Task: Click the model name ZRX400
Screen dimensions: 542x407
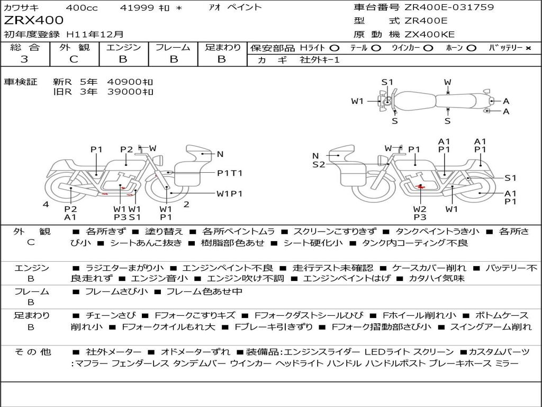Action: (34, 21)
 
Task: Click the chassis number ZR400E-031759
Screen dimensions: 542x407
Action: (449, 7)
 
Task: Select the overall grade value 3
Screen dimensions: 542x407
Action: (24, 59)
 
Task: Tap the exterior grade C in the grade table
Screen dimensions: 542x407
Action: (74, 59)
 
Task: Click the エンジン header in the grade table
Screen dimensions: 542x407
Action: (123, 47)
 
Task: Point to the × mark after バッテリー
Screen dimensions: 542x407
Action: (528, 48)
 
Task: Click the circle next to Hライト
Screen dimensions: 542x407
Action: (335, 48)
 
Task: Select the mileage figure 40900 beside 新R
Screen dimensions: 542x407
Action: (130, 82)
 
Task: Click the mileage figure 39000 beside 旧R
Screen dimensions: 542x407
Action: (130, 92)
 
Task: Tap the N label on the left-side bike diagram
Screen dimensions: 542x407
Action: (220, 154)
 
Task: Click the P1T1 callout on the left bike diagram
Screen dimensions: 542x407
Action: (230, 173)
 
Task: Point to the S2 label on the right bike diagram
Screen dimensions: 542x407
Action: (319, 164)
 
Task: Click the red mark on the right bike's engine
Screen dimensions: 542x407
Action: (421, 187)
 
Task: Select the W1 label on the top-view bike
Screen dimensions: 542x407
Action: (357, 101)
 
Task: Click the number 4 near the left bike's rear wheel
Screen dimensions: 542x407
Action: (46, 204)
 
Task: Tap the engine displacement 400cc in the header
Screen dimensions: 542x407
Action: (82, 7)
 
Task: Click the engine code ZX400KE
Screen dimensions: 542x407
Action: (429, 34)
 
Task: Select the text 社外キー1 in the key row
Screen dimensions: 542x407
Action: (320, 60)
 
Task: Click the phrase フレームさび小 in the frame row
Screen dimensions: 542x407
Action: (116, 291)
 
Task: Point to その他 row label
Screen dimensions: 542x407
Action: (33, 352)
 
